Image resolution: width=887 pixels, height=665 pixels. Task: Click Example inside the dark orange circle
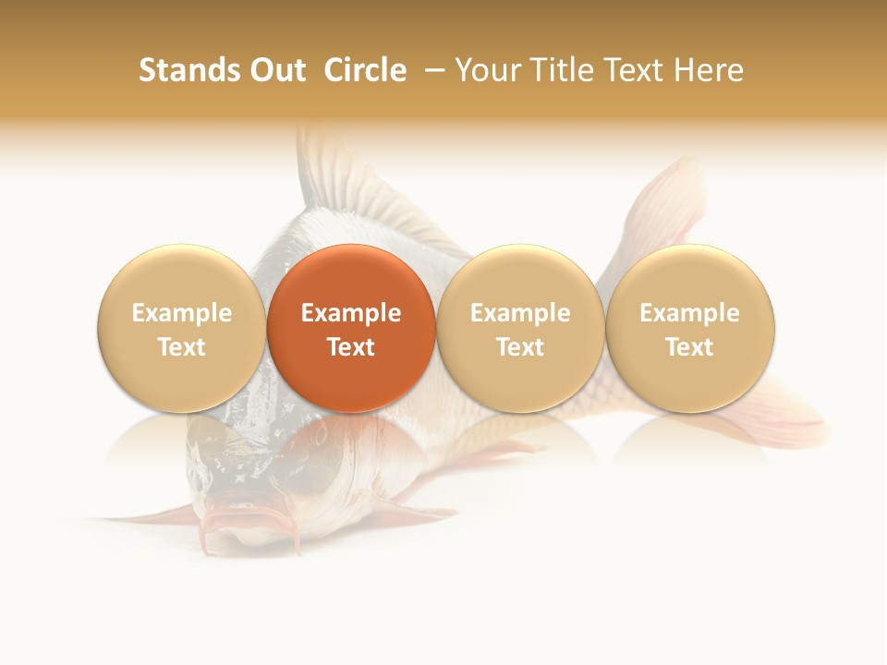click(351, 313)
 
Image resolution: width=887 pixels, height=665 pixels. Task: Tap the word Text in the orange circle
click(351, 347)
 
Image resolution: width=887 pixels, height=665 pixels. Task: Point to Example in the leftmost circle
click(182, 313)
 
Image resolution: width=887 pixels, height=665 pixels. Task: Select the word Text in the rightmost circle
click(690, 347)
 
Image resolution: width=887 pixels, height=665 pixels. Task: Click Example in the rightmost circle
click(690, 313)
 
